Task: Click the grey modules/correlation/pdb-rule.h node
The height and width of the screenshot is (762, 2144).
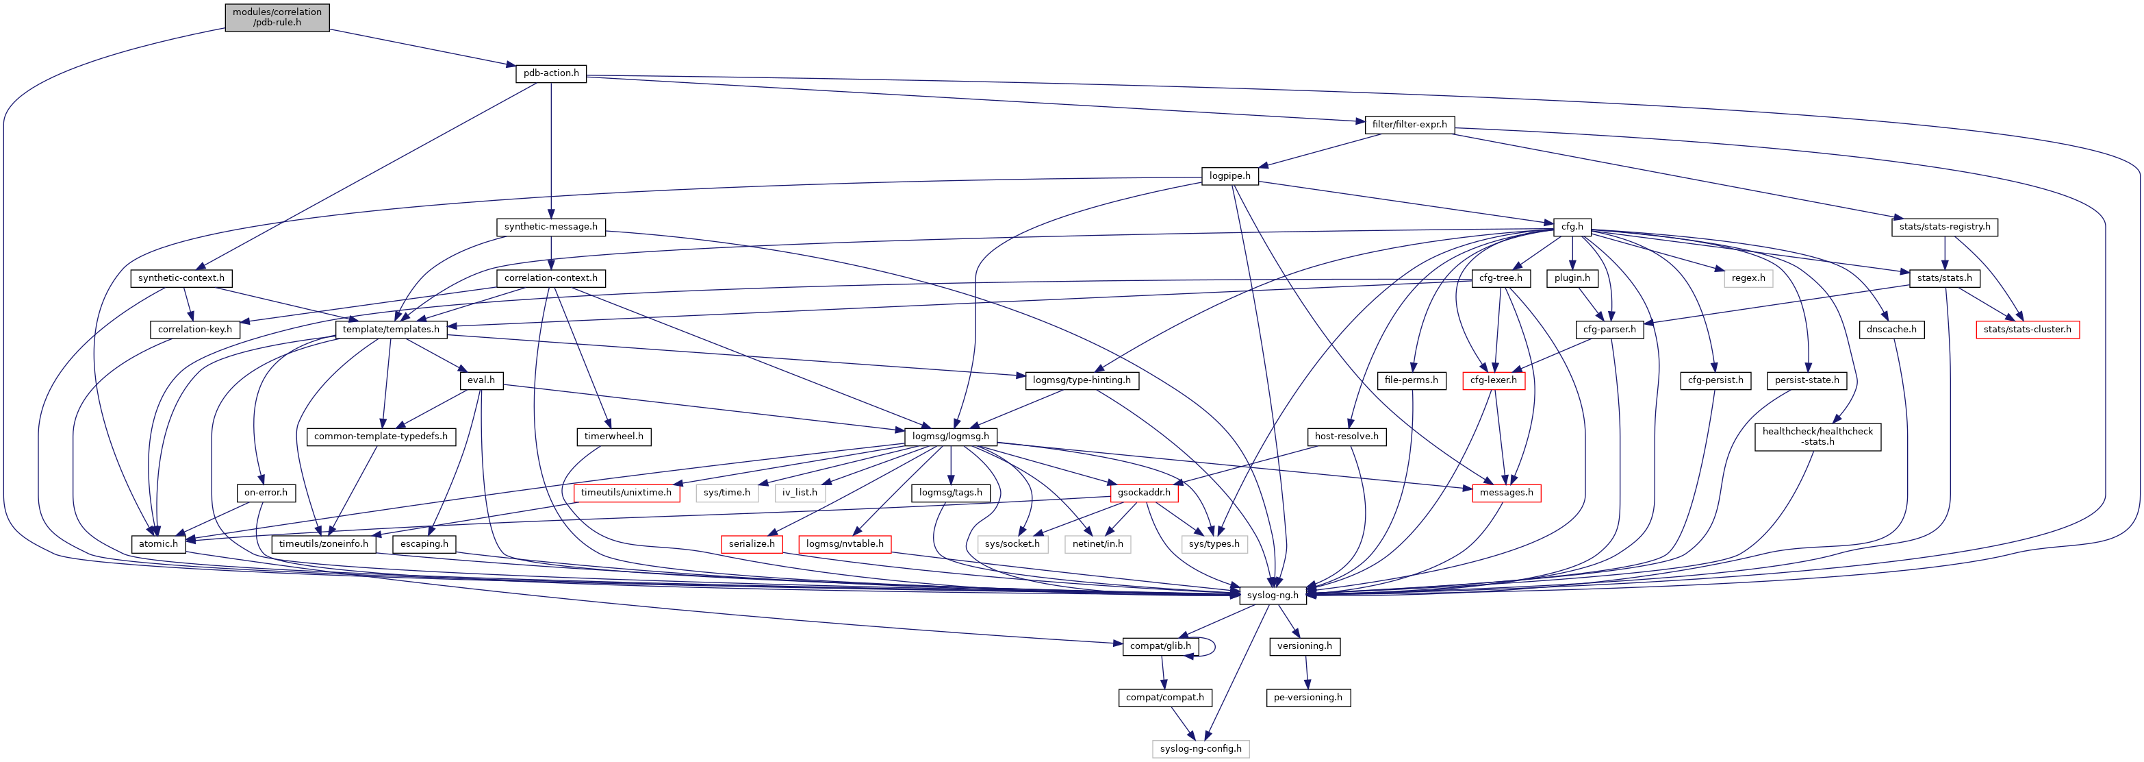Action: pyautogui.click(x=277, y=18)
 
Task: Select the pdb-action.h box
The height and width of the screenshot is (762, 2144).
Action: pyautogui.click(x=551, y=73)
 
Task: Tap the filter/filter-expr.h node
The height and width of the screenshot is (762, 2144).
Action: pyautogui.click(x=1409, y=125)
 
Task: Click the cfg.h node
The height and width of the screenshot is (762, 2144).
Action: pyautogui.click(x=1572, y=227)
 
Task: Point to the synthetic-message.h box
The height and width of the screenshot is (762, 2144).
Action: pyautogui.click(x=550, y=227)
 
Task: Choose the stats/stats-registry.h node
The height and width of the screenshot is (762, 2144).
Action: pyautogui.click(x=1944, y=227)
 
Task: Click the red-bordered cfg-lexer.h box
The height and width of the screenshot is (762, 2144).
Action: pyautogui.click(x=1493, y=380)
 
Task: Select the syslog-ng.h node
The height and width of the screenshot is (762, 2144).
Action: pyautogui.click(x=1272, y=595)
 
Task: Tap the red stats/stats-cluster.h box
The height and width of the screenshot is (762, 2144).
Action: pyautogui.click(x=2027, y=330)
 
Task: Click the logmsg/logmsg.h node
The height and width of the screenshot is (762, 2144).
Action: pyautogui.click(x=950, y=437)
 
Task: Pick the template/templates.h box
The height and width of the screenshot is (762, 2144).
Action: pyautogui.click(x=390, y=330)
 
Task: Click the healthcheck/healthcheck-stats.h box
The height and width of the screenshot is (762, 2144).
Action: pyautogui.click(x=1817, y=437)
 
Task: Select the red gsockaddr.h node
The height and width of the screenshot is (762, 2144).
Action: pyautogui.click(x=1144, y=493)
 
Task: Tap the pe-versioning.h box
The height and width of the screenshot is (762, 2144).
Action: pyautogui.click(x=1307, y=698)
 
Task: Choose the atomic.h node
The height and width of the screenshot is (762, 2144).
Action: pyautogui.click(x=158, y=544)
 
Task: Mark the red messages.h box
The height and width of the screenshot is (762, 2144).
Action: pyautogui.click(x=1505, y=493)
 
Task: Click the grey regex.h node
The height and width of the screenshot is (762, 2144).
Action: pyautogui.click(x=1748, y=278)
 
